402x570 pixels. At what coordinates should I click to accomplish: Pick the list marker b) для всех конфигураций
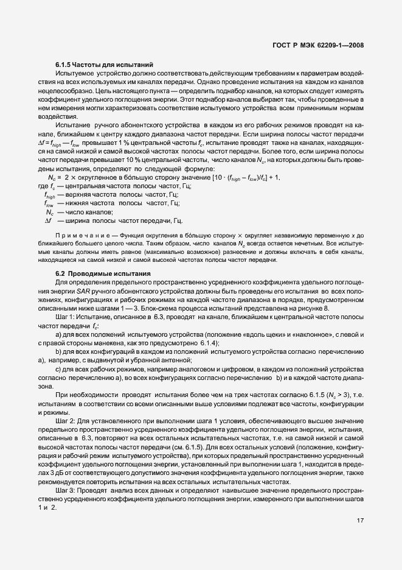pos(59,351)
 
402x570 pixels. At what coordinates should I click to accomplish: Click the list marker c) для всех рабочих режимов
pos(59,369)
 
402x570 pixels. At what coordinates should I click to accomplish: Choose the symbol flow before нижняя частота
pos(50,203)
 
